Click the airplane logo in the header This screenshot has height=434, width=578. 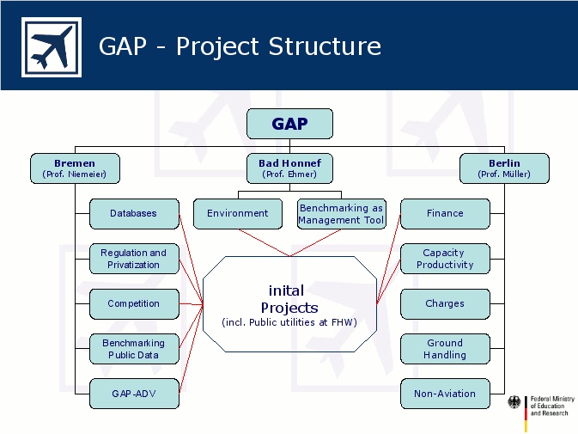click(x=52, y=46)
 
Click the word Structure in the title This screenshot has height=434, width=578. click(x=325, y=46)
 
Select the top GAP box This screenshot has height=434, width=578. click(x=289, y=124)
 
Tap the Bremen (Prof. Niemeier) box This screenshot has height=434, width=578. click(x=75, y=168)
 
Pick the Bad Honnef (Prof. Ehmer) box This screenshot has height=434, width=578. click(x=289, y=168)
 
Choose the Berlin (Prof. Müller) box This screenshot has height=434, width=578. click(x=504, y=168)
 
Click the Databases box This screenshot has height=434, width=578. click(x=134, y=214)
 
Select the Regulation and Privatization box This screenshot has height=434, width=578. click(x=134, y=259)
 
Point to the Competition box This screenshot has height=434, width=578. click(x=134, y=304)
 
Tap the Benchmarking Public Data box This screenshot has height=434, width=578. click(x=134, y=349)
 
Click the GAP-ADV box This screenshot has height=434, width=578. click(x=134, y=394)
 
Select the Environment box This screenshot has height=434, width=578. click(x=238, y=214)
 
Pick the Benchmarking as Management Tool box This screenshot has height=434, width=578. click(x=342, y=214)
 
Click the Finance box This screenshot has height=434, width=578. click(x=445, y=214)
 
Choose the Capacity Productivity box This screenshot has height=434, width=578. click(x=445, y=259)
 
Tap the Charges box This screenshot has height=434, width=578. click(x=445, y=304)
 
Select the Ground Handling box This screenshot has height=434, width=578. click(x=445, y=349)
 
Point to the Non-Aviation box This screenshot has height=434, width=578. click(x=445, y=394)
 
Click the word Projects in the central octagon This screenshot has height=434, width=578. click(x=289, y=309)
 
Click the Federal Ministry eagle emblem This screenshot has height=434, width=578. click(x=514, y=402)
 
